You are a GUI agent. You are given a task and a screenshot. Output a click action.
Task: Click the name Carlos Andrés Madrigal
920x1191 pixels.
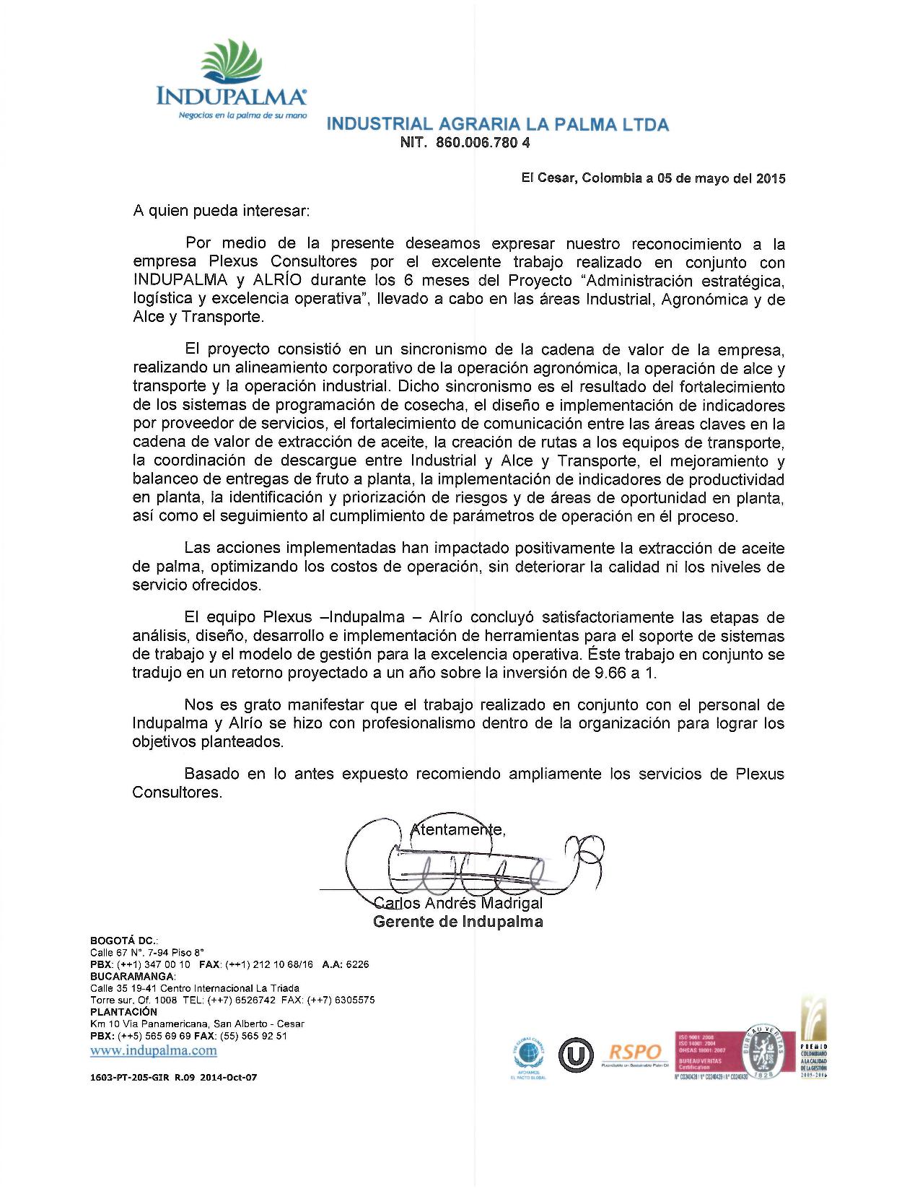pyautogui.click(x=458, y=903)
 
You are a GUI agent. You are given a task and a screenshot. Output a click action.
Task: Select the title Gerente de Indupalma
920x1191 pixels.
pyautogui.click(x=458, y=922)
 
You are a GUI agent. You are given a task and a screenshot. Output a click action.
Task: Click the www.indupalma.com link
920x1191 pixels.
pyautogui.click(x=153, y=1050)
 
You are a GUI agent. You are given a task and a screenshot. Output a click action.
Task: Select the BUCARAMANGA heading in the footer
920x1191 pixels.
pyautogui.click(x=133, y=977)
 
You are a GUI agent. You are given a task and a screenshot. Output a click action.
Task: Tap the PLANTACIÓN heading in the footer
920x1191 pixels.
pyautogui.click(x=123, y=1012)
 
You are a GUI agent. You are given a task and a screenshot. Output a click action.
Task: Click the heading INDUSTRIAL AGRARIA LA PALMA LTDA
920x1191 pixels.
pyautogui.click(x=498, y=125)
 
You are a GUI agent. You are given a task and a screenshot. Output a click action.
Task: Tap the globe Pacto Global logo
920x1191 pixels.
pyautogui.click(x=528, y=1056)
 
